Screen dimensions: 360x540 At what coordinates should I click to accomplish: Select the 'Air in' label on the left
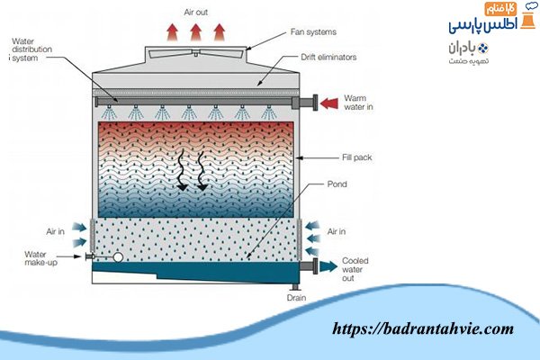(53, 231)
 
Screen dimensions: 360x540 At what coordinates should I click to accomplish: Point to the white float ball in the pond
(116, 257)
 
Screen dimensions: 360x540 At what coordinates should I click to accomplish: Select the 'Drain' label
(297, 297)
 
